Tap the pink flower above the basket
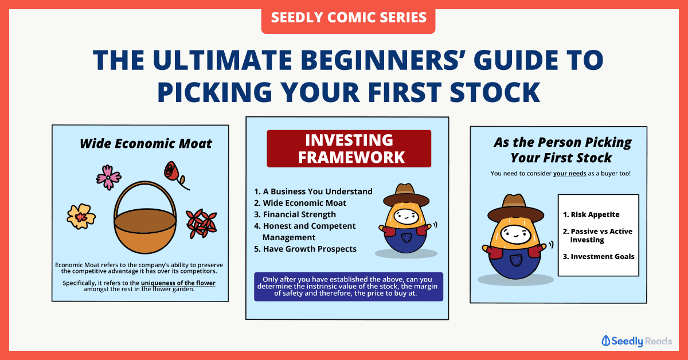[x=108, y=177]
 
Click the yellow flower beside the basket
[x=81, y=216]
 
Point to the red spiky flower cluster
[x=202, y=224]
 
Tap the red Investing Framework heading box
[x=349, y=148]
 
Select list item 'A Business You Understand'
[x=313, y=191]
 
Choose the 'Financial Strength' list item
[x=295, y=214]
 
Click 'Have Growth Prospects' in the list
[x=305, y=249]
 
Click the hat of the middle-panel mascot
[x=406, y=195]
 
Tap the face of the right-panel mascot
[x=515, y=234]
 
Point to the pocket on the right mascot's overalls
[x=515, y=260]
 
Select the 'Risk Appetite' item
[x=591, y=214]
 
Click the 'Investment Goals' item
[x=599, y=256]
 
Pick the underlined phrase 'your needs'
[x=570, y=174]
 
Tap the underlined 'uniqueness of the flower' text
[x=178, y=283]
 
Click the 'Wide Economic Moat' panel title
[x=146, y=143]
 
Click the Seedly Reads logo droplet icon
[x=605, y=341]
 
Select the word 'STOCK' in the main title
[x=495, y=92]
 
